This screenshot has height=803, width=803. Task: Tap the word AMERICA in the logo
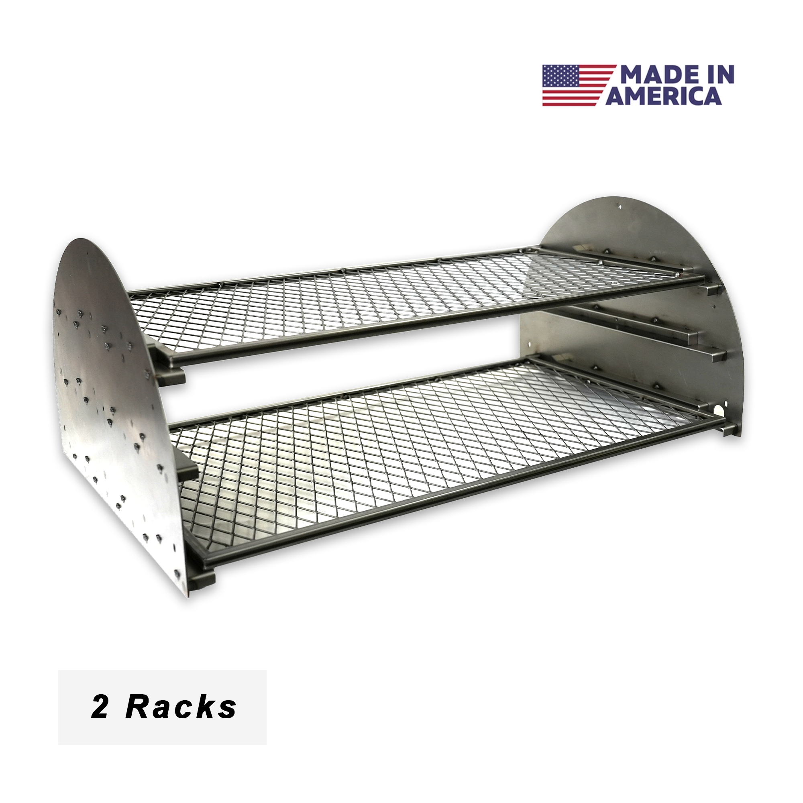(x=664, y=96)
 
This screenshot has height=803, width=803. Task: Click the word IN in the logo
(x=721, y=75)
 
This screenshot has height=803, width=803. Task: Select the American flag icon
(x=579, y=85)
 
